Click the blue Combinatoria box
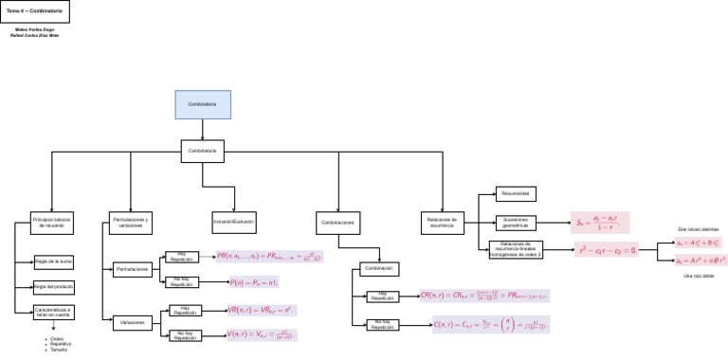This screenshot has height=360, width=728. (202, 104)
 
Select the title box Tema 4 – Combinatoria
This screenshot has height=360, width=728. (35, 11)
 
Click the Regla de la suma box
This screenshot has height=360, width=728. (54, 261)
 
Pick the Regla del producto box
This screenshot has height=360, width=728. (54, 286)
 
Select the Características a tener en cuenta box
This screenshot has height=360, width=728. (54, 311)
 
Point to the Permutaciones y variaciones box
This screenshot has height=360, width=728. (131, 223)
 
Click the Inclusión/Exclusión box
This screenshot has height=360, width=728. (233, 221)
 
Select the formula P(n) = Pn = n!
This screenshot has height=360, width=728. (253, 282)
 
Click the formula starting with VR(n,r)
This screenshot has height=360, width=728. (262, 310)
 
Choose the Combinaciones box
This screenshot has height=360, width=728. (337, 223)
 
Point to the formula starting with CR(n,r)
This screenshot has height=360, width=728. (484, 297)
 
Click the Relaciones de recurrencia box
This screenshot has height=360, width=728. (442, 223)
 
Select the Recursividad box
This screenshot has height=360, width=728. (516, 193)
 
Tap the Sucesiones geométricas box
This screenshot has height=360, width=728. (516, 223)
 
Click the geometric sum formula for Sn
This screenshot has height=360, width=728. (599, 223)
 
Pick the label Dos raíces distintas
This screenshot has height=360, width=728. (698, 229)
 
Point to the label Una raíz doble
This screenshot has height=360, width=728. (698, 275)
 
